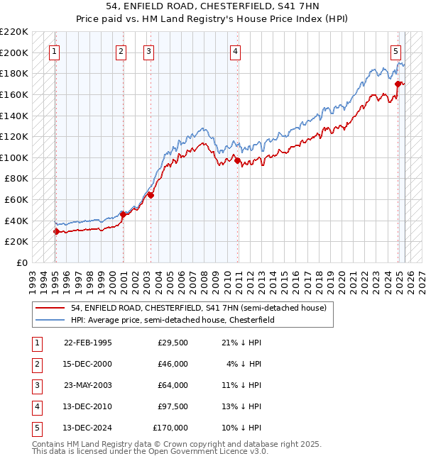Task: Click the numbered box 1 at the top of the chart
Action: [55, 51]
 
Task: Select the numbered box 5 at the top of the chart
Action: [395, 51]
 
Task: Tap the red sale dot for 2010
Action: [236, 160]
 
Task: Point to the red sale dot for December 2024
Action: [398, 84]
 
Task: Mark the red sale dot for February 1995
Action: [56, 231]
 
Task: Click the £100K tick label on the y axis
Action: [14, 157]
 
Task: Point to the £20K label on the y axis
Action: [16, 241]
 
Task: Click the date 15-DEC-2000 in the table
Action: [87, 364]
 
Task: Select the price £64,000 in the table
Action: [171, 385]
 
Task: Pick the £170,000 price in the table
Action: [170, 428]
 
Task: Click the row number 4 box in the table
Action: [36, 406]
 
